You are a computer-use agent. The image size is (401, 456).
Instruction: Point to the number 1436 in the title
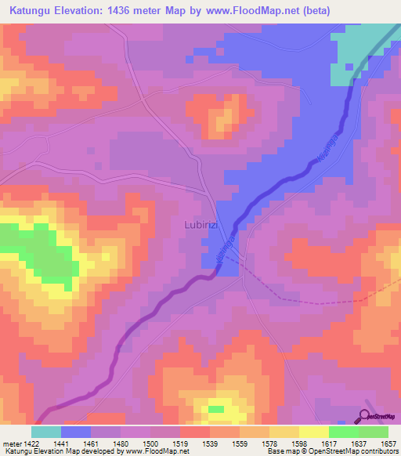(x=139, y=11)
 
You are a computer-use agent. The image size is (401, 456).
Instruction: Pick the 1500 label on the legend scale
(x=152, y=443)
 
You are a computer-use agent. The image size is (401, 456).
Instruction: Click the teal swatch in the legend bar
(x=46, y=432)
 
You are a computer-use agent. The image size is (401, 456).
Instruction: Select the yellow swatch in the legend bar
(x=313, y=432)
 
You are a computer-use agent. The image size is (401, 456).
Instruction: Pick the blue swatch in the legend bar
(x=76, y=432)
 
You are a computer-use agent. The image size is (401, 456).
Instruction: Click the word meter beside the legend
(x=11, y=443)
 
